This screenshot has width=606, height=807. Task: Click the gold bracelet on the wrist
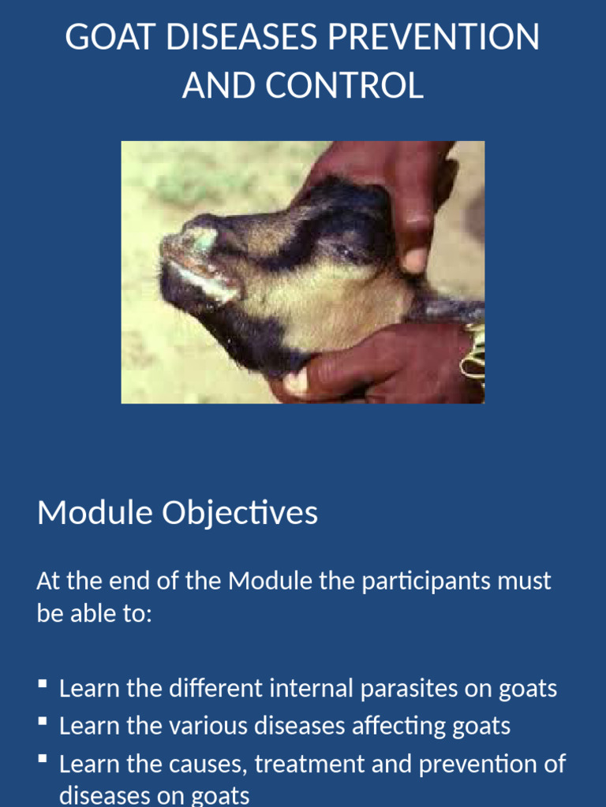coord(473,351)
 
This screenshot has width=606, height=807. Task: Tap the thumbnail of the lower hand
coord(296,381)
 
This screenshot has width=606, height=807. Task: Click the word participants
coord(427,582)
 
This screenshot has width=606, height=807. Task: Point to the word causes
coord(206,764)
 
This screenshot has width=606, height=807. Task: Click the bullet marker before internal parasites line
coord(42,685)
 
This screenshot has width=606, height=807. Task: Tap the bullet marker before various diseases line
coord(42,722)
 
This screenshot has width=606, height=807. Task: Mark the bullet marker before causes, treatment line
coord(42,760)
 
